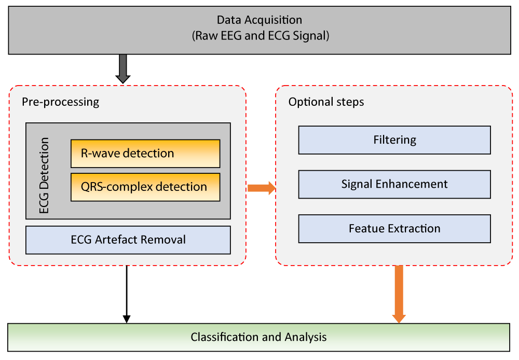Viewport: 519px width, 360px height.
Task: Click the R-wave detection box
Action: point(145,154)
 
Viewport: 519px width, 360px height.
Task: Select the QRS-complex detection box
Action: point(145,187)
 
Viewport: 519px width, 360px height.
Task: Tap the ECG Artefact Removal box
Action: point(128,240)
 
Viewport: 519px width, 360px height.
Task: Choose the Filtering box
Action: point(394,140)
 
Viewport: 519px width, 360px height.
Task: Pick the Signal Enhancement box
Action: point(394,184)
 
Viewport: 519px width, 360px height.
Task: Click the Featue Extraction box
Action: point(394,229)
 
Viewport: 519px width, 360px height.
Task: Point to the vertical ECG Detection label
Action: point(44,175)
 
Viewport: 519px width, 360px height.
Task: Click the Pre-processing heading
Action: point(61,102)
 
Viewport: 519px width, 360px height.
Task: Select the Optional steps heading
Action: point(326,102)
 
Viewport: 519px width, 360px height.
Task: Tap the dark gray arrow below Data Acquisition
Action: point(123,69)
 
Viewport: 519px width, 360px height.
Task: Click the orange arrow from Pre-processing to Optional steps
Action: point(262,188)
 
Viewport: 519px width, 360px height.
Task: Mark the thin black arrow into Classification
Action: point(127,294)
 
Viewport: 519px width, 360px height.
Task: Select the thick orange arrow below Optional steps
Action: point(399,294)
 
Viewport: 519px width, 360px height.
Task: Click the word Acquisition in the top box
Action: point(273,20)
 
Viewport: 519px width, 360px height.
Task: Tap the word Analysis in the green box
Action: point(306,338)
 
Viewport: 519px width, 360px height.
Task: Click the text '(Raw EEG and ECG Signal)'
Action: point(261,36)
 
